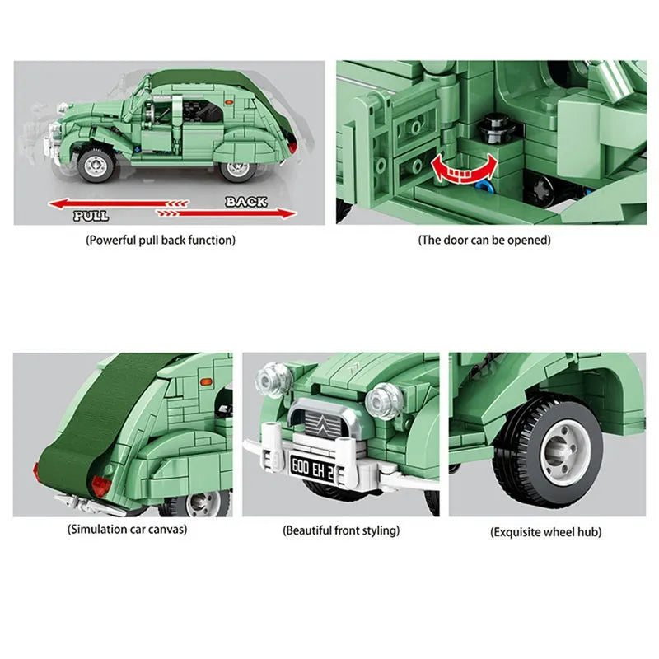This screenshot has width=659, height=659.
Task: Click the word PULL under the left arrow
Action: point(91,216)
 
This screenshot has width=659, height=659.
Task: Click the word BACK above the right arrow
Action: point(245,202)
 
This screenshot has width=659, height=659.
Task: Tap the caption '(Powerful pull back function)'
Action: point(161,240)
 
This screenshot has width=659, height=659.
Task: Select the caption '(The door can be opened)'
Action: point(484,240)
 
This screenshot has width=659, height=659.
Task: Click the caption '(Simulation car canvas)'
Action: point(127,529)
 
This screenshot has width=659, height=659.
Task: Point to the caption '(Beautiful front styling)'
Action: point(341,530)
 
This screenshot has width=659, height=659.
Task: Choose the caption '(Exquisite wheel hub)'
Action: point(545,532)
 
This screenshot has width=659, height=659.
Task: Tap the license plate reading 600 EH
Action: point(312,467)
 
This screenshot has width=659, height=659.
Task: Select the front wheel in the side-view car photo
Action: point(96,166)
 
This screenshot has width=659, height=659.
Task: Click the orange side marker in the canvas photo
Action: point(207,382)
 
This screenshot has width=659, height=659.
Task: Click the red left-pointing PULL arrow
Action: point(119,203)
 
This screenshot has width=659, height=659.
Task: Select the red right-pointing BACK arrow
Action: point(226,213)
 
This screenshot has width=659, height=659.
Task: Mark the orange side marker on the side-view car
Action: point(229,102)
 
